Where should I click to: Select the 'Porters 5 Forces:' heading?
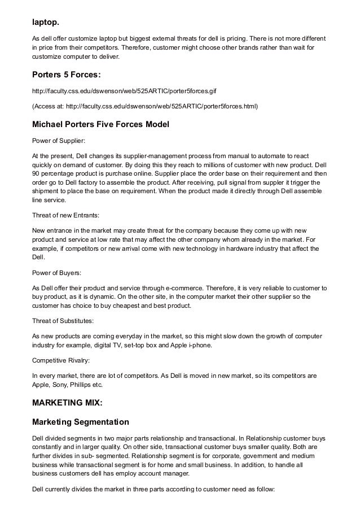68,75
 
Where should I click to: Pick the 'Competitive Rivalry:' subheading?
63,356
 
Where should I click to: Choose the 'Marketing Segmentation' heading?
80,422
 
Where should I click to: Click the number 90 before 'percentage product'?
36,174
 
